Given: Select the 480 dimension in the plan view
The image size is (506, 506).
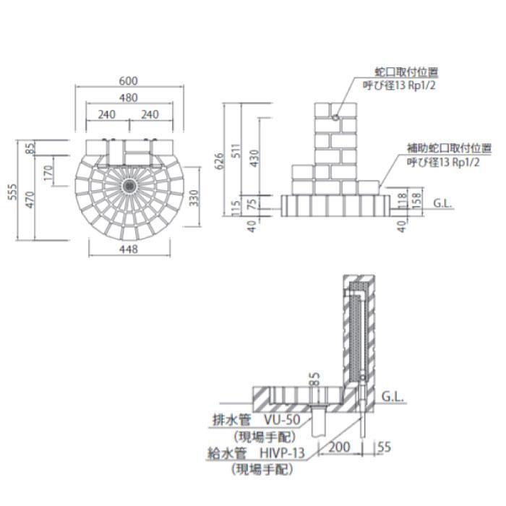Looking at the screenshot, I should (129, 98).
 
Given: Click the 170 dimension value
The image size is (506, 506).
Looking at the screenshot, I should (48, 173).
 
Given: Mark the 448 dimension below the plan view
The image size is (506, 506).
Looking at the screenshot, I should (129, 249).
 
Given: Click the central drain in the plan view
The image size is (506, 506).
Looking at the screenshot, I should (129, 184).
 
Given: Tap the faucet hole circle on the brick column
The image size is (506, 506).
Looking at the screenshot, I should (336, 116).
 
